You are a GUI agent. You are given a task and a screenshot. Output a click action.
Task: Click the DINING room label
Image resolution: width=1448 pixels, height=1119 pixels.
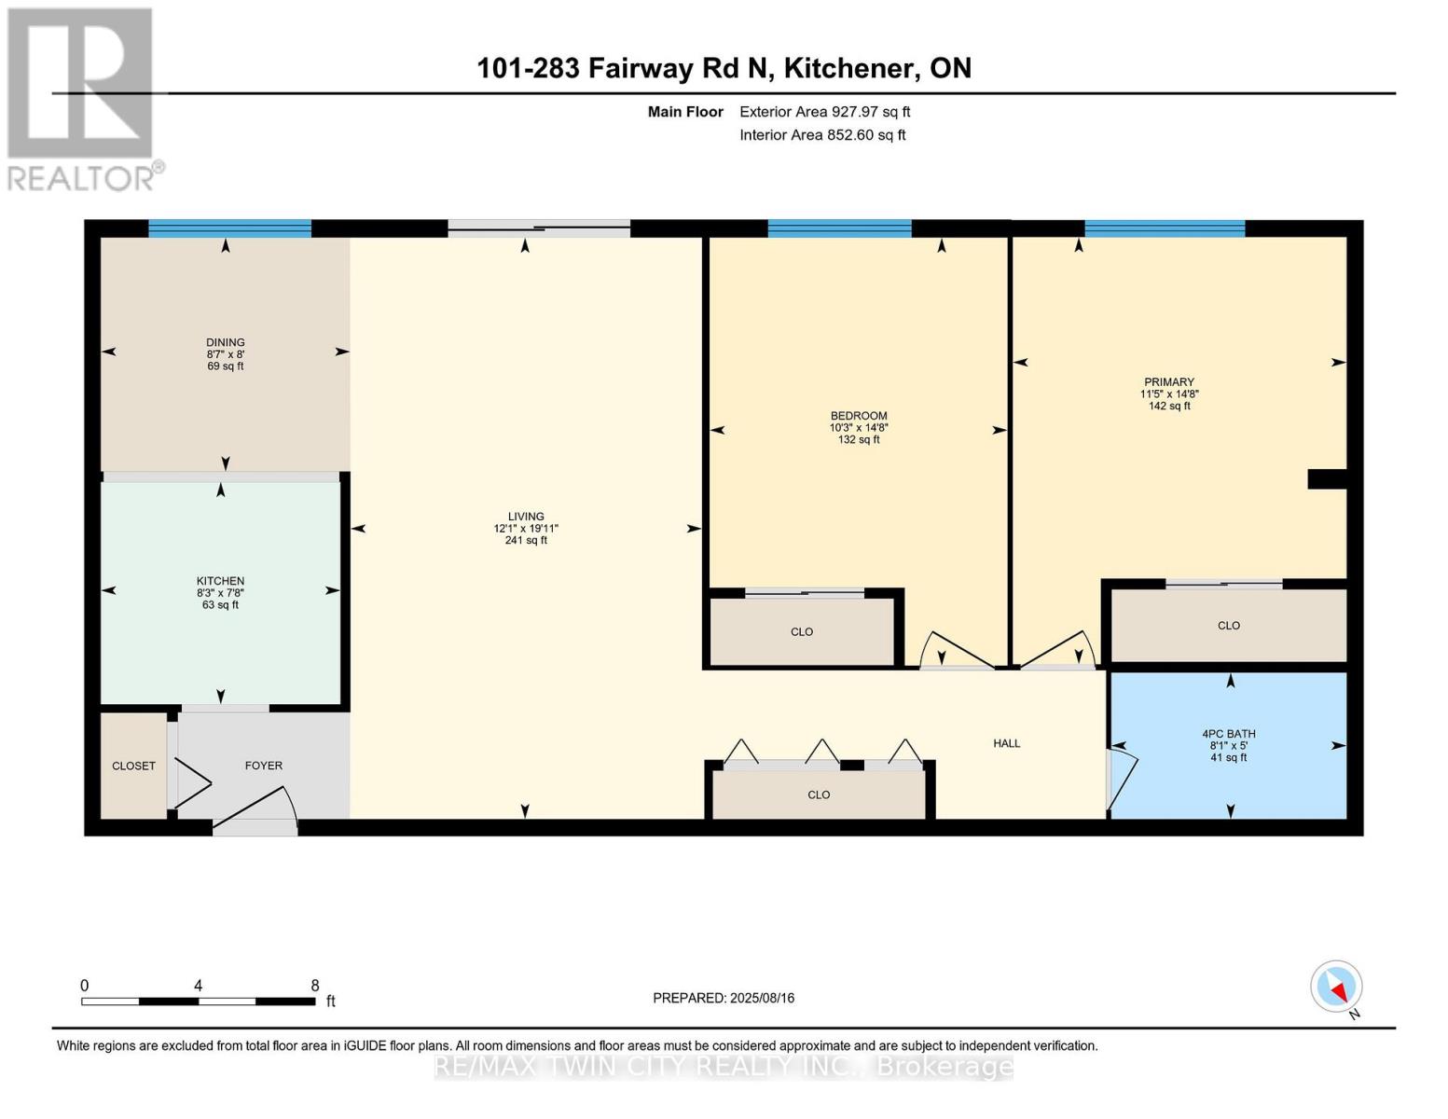click(226, 342)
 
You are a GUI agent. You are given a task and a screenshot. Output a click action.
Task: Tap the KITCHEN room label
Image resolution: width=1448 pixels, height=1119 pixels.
click(221, 581)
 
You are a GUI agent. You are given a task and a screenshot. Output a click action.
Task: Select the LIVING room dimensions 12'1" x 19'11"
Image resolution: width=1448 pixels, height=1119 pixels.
click(526, 529)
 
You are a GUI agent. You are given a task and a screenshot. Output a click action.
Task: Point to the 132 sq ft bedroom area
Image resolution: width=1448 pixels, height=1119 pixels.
click(859, 440)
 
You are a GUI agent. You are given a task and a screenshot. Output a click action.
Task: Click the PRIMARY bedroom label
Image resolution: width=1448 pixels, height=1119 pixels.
click(1169, 382)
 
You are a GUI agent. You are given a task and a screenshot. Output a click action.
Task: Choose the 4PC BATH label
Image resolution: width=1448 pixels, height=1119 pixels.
click(1229, 734)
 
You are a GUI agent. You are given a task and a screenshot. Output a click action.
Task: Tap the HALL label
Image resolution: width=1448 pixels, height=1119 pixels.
click(1007, 743)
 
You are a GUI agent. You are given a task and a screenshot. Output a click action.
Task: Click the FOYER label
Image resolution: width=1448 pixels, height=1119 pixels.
click(264, 766)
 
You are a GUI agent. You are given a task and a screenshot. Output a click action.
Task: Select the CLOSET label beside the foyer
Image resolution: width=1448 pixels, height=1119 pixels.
click(134, 767)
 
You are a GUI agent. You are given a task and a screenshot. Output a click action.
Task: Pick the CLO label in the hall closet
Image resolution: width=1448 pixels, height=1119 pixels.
click(819, 795)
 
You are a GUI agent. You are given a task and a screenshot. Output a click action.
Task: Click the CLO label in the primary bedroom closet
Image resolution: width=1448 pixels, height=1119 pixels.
click(1229, 626)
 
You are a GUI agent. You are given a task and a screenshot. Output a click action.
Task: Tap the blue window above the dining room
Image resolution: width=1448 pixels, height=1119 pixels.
click(230, 228)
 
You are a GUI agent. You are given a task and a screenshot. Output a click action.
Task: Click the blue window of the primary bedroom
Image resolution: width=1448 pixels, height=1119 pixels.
click(1165, 228)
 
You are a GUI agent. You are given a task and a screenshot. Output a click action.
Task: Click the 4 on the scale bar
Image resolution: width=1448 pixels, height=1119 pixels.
click(198, 986)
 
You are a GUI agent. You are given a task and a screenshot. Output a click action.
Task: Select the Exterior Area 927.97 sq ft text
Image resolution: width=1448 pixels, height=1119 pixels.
click(825, 112)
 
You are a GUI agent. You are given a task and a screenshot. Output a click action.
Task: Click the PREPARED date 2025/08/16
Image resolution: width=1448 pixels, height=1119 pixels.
click(763, 999)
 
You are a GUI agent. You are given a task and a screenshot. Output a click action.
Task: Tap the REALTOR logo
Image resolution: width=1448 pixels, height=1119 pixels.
click(83, 100)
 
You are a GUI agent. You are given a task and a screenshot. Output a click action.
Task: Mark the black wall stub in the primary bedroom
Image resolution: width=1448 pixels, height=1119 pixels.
click(1328, 479)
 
